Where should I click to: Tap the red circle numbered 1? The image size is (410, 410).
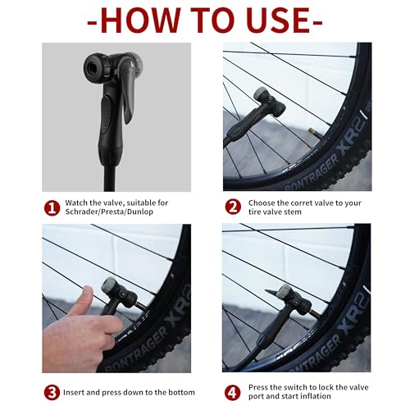click(51, 208)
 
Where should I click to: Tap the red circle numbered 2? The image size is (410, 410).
click(232, 208)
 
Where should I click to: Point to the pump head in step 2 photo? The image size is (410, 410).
click(267, 102)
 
